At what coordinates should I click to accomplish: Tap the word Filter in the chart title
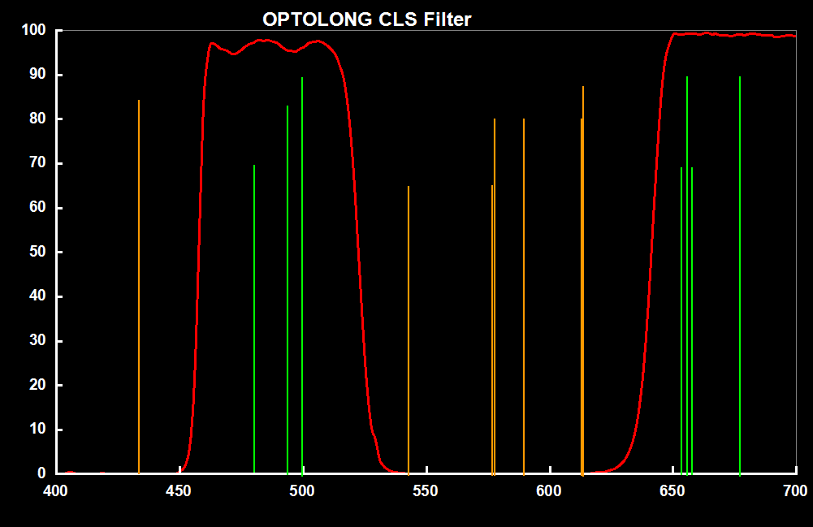pos(445,19)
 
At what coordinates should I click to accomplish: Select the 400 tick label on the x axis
pos(55,490)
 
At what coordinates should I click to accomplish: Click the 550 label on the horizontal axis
pos(426,490)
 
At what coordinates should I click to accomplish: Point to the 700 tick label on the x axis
pos(795,490)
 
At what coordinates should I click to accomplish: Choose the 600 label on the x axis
pos(549,490)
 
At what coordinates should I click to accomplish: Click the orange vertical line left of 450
pos(139,284)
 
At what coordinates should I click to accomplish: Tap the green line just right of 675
pos(740,276)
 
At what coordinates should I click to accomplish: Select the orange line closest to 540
pos(409,325)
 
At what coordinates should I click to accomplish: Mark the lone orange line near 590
pos(524,292)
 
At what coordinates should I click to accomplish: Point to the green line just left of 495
pos(288,284)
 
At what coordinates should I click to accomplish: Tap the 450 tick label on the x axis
pos(179,490)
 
